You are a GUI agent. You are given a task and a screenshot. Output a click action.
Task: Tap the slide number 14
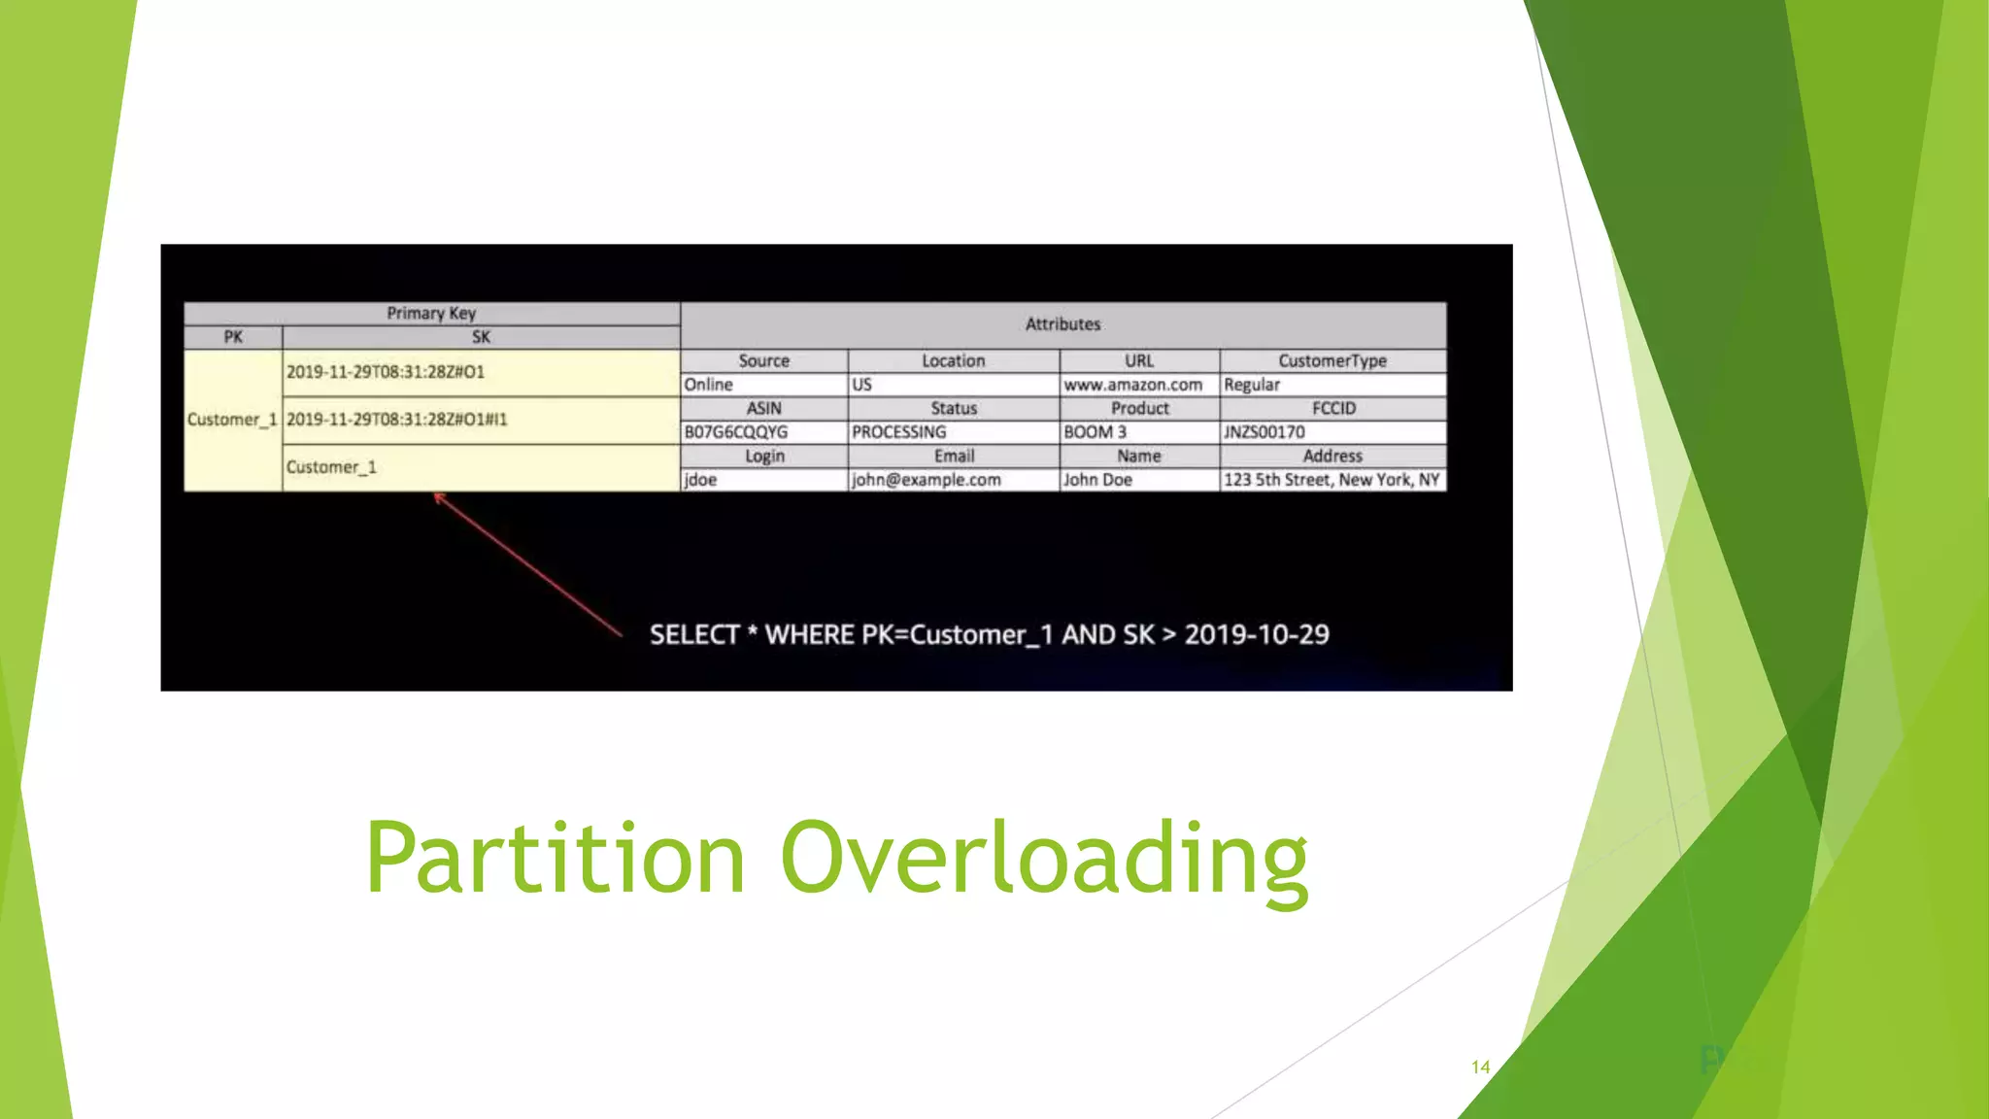[1480, 1067]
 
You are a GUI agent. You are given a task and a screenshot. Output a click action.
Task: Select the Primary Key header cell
[431, 313]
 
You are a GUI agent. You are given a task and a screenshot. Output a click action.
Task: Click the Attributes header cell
[1062, 324]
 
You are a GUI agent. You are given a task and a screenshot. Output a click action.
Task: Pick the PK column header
[233, 337]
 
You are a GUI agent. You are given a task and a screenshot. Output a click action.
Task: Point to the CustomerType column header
[1332, 360]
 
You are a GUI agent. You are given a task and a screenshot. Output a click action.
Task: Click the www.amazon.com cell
[1132, 385]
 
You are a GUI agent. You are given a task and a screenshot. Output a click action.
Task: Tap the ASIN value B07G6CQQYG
[735, 432]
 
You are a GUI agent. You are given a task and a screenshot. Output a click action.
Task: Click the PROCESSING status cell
[898, 432]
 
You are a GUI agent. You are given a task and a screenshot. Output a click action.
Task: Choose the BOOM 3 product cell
[1095, 432]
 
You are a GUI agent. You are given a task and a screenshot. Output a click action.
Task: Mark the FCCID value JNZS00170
[1264, 432]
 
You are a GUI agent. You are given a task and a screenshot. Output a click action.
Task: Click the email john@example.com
[926, 480]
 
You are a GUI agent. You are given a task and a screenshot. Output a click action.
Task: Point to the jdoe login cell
[700, 480]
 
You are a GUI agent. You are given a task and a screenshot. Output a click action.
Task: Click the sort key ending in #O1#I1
[396, 420]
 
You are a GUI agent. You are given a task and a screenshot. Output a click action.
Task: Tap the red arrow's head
[439, 497]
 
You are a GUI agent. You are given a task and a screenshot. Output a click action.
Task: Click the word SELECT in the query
[693, 635]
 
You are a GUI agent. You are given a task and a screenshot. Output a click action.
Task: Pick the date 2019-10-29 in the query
[1256, 635]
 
